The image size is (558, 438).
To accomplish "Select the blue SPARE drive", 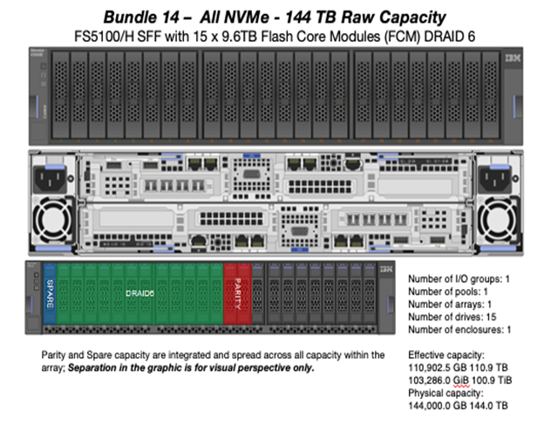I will tap(50, 296).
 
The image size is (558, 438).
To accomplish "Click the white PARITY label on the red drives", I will tap(237, 296).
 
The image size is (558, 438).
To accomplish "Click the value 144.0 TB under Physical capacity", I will tap(492, 406).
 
